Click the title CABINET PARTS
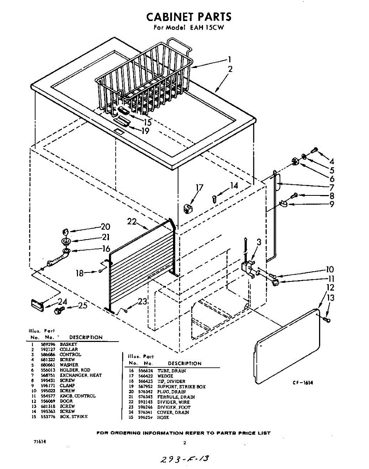pyautogui.click(x=189, y=17)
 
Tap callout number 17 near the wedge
pyautogui.click(x=200, y=188)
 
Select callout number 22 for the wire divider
pyautogui.click(x=132, y=221)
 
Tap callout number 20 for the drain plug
pyautogui.click(x=105, y=227)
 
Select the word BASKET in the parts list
pyautogui.click(x=69, y=344)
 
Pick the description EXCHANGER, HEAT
pyautogui.click(x=80, y=375)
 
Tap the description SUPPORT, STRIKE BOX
pyautogui.click(x=181, y=387)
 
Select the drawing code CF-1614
pyautogui.click(x=303, y=383)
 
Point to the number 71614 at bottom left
pyautogui.click(x=39, y=441)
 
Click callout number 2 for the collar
pyautogui.click(x=230, y=69)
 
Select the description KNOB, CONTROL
pyautogui.click(x=77, y=396)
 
